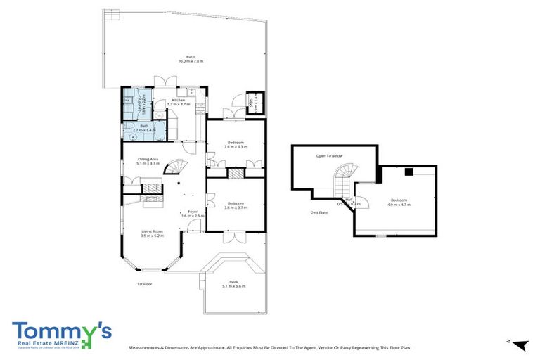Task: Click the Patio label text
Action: coord(190,58)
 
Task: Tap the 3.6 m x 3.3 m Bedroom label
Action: coord(236,145)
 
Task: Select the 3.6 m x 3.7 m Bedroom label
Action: coord(236,205)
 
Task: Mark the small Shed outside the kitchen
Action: coord(253,102)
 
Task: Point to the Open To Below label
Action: coord(329,155)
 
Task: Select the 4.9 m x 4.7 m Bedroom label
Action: coord(399,203)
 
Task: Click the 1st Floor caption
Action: coord(145,284)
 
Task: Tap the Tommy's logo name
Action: coord(61,330)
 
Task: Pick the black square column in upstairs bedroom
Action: coord(408,171)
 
